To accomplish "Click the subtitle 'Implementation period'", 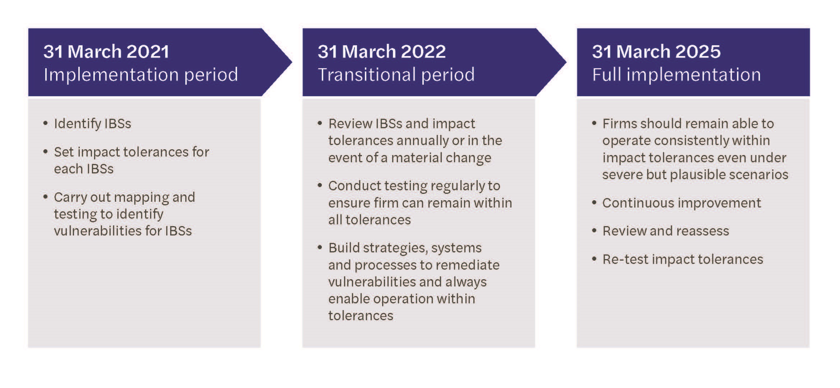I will (141, 75).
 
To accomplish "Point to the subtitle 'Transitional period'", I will (396, 75).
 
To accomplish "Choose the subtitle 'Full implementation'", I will (676, 75).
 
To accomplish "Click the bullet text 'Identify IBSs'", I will (92, 123).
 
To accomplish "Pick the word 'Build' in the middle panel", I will (344, 248).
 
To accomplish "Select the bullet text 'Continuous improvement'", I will (681, 203).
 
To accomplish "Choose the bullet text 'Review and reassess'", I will (665, 231).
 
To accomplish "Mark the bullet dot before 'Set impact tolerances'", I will (45, 152).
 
